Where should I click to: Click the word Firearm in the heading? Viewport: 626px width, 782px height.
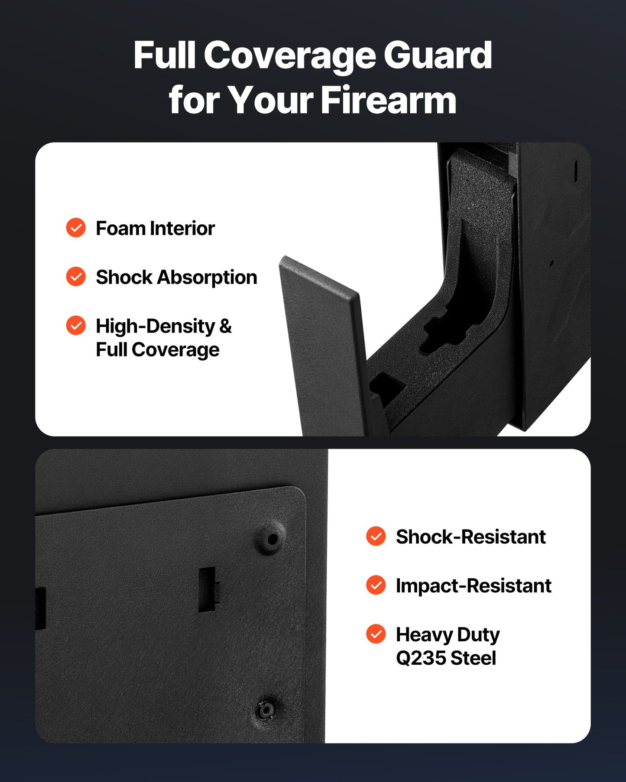tap(389, 100)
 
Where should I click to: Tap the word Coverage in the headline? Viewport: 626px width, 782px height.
tap(289, 55)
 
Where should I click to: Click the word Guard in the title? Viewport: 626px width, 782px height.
tap(438, 55)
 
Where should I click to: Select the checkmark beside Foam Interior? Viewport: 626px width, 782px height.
tap(76, 228)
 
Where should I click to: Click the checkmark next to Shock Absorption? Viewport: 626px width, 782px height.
tap(76, 277)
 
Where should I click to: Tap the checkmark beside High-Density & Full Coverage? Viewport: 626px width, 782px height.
tap(76, 326)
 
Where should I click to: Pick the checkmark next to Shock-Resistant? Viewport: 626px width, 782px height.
tap(376, 536)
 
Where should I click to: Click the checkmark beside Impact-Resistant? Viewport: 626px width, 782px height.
tap(376, 585)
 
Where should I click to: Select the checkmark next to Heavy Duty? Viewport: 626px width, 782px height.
tap(376, 634)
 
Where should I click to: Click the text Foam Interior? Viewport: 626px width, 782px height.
tap(155, 228)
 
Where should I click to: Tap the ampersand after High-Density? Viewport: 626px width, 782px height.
tap(225, 326)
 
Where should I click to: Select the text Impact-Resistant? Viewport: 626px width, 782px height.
tap(473, 586)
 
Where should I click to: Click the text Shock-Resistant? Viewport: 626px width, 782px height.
tap(470, 537)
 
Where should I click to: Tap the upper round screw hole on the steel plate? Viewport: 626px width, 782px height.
tap(272, 539)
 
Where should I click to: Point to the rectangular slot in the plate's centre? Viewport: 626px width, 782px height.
tap(207, 589)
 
